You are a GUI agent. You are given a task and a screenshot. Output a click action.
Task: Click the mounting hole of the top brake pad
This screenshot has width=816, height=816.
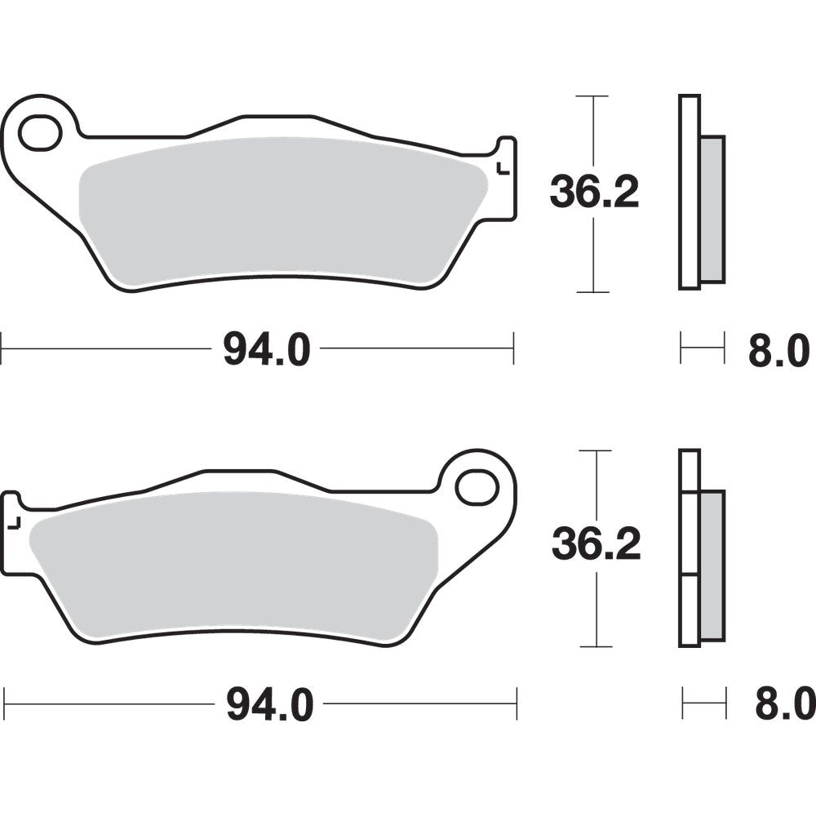(41, 133)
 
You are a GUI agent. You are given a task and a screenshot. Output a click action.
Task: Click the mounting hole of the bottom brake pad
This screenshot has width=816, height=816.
(477, 487)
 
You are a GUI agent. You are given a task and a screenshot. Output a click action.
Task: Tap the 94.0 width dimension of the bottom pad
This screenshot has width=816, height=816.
(269, 704)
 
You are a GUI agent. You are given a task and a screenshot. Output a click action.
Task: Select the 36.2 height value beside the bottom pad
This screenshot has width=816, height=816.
(596, 544)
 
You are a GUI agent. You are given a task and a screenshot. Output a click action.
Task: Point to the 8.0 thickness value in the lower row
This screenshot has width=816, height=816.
(783, 703)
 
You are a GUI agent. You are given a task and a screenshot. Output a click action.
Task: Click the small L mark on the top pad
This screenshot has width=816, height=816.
(503, 170)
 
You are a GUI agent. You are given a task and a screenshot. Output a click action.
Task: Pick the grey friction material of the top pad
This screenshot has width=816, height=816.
(277, 212)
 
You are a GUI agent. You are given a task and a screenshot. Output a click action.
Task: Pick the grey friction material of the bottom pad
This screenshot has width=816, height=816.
(237, 563)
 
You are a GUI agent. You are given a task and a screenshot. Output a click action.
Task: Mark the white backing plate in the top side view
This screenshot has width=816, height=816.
(690, 192)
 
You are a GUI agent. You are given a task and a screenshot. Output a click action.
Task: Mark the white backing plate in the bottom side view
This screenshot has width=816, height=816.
(690, 547)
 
